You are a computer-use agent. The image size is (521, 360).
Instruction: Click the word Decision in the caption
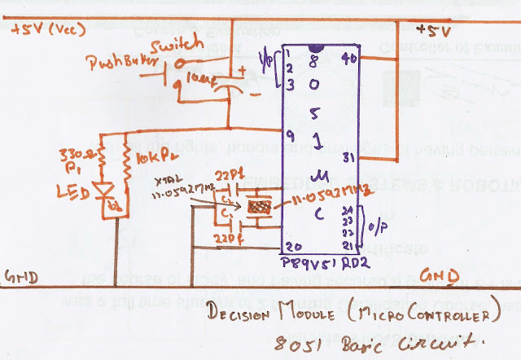click(x=241, y=314)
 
